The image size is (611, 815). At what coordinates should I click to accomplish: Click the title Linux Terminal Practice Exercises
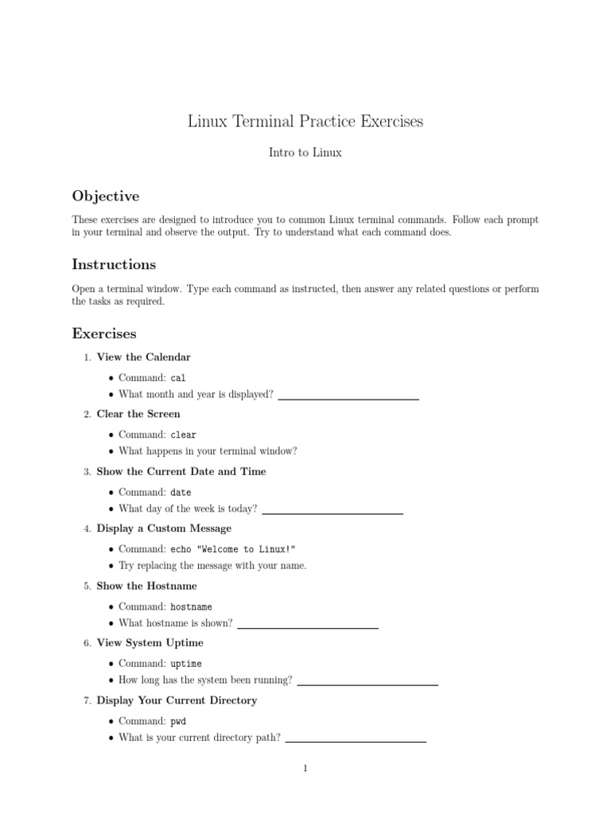[x=305, y=122]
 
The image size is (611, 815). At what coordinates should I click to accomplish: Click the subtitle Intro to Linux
[x=305, y=152]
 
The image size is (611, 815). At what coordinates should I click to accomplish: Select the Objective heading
[x=106, y=196]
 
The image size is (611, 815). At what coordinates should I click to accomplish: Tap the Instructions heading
[x=114, y=264]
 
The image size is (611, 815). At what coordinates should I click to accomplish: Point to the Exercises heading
[x=104, y=333]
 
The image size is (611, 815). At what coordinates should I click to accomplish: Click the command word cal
[x=178, y=378]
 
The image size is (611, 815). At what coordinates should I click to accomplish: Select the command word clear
[x=184, y=435]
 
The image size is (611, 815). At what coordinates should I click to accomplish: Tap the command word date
[x=181, y=493]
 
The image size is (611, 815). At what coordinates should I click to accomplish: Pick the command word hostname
[x=192, y=606]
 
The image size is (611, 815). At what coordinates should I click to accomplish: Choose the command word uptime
[x=186, y=664]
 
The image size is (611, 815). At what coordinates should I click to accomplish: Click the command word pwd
[x=178, y=721]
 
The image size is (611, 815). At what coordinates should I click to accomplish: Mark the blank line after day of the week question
[x=333, y=513]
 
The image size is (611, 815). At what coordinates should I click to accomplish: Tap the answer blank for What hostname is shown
[x=308, y=627]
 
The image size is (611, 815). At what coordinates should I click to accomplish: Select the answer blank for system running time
[x=368, y=684]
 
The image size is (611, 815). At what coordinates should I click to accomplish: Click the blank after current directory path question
[x=356, y=741]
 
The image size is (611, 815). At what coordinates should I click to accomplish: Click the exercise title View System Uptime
[x=150, y=643]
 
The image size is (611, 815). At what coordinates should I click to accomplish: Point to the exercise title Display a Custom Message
[x=164, y=528]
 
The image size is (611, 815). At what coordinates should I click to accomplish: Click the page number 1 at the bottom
[x=305, y=769]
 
